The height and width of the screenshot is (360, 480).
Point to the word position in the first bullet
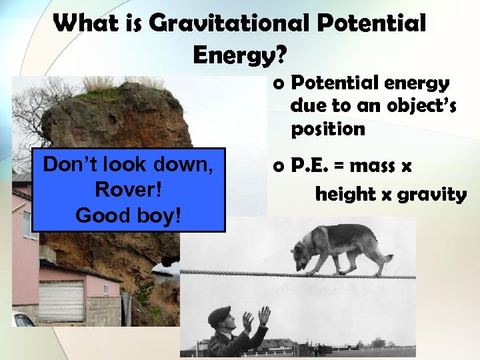[x=328, y=128]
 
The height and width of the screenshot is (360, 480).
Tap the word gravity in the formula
[x=431, y=195]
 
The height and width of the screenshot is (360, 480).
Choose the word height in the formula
[x=345, y=195]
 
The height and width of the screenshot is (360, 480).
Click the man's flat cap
[x=219, y=314]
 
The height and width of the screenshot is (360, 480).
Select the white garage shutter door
[x=61, y=301]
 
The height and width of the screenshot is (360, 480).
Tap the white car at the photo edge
[x=23, y=320]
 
